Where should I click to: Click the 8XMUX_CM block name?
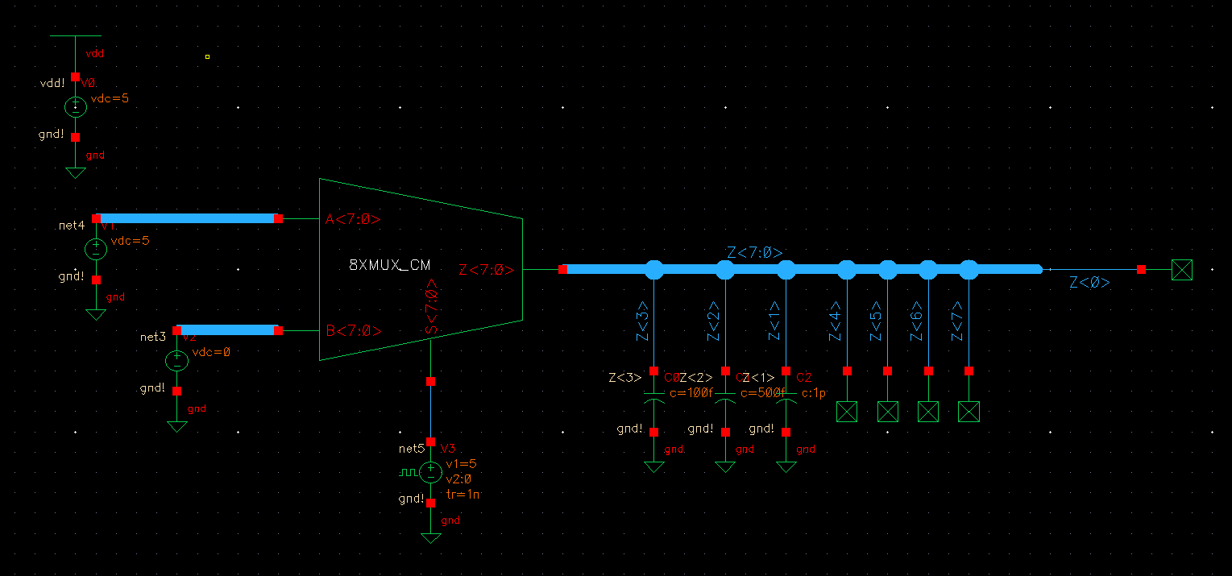pyautogui.click(x=390, y=265)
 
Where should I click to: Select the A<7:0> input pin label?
pyautogui.click(x=353, y=219)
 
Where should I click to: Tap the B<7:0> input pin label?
pyautogui.click(x=353, y=330)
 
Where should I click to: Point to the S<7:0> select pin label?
pyautogui.click(x=432, y=307)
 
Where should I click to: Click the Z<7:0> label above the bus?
pyautogui.click(x=754, y=253)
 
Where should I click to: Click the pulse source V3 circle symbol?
pyautogui.click(x=431, y=472)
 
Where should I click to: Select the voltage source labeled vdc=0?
pyautogui.click(x=176, y=361)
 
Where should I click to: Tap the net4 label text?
pyautogui.click(x=72, y=226)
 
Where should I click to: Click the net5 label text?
pyautogui.click(x=411, y=449)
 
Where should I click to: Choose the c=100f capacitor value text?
pyautogui.click(x=691, y=393)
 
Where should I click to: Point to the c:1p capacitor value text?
pyautogui.click(x=814, y=393)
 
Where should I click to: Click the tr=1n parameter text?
pyautogui.click(x=463, y=495)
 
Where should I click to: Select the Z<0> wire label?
pyautogui.click(x=1089, y=283)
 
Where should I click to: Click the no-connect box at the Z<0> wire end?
pyautogui.click(x=1181, y=270)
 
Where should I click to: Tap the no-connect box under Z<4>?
pyautogui.click(x=847, y=412)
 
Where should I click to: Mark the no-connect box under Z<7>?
pyautogui.click(x=969, y=412)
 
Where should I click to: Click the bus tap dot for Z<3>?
pyautogui.click(x=653, y=270)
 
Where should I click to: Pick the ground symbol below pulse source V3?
pyautogui.click(x=431, y=537)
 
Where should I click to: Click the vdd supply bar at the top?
pyautogui.click(x=76, y=36)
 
